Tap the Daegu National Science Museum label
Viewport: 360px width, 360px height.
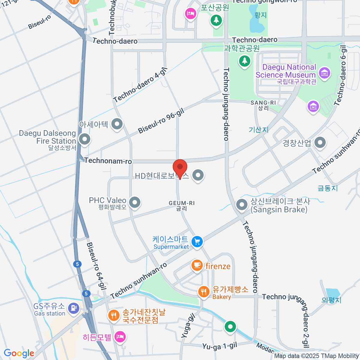tap(286, 71)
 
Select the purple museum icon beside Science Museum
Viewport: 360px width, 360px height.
tap(325, 73)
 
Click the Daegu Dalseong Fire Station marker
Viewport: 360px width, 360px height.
tap(85, 139)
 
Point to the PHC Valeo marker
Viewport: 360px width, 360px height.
tap(135, 202)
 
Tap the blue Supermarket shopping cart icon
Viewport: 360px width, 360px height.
tap(197, 241)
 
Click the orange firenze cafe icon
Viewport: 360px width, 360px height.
tap(197, 265)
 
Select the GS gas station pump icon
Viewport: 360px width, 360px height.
tap(73, 308)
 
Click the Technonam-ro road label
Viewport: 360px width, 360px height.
tap(108, 161)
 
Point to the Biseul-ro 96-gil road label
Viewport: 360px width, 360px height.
tap(161, 121)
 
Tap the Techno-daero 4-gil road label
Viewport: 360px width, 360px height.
tap(140, 85)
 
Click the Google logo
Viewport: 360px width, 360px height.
tap(19, 353)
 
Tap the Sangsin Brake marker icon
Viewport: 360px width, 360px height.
tap(242, 205)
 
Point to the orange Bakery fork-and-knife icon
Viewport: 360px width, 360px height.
tap(204, 291)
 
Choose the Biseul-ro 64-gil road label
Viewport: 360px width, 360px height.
tap(97, 266)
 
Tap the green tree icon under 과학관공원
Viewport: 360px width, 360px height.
tap(244, 61)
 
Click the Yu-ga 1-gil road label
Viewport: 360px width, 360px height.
tap(220, 346)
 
